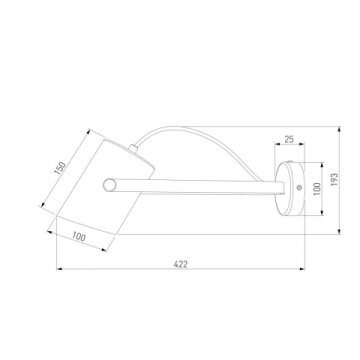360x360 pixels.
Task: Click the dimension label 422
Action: tap(181, 264)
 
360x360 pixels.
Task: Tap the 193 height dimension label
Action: tap(334, 179)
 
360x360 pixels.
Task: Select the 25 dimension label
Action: tap(289, 139)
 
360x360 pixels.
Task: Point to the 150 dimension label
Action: tap(60, 168)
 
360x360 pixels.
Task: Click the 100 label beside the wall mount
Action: tap(317, 188)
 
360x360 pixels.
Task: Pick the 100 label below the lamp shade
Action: tap(79, 237)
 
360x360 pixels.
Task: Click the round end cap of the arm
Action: tap(108, 185)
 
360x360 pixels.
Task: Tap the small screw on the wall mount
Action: tap(299, 188)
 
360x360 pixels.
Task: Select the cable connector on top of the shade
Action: tap(133, 148)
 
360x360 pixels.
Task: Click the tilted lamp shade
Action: tap(106, 187)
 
